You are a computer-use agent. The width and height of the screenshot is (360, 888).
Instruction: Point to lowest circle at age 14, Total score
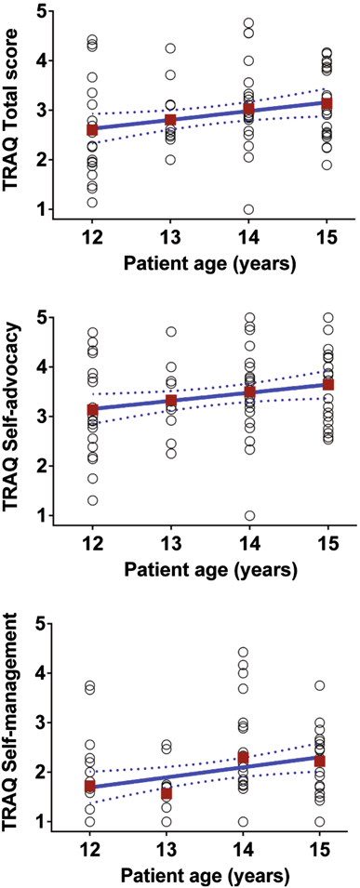247,209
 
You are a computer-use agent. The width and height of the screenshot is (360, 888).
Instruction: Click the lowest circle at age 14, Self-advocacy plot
247,515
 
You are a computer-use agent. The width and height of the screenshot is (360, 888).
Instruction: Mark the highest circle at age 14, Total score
248,22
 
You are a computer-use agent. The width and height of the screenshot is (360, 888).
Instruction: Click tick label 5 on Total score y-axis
38,11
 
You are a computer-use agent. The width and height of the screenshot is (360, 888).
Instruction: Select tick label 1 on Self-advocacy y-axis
38,515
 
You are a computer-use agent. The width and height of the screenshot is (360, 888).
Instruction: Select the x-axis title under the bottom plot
210,876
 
